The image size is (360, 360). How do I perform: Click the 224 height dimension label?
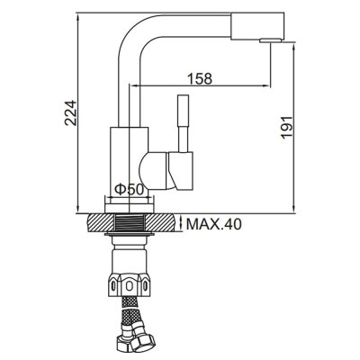click(71, 112)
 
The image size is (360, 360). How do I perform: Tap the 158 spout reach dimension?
click(200, 78)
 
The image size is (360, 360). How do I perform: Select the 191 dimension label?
click(286, 127)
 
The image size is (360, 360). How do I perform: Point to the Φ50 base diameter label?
click(130, 190)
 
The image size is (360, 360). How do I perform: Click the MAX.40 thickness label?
click(213, 224)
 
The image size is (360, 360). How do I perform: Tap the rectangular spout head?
click(257, 26)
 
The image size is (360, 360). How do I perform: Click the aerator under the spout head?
click(271, 40)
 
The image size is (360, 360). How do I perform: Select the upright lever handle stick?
click(184, 123)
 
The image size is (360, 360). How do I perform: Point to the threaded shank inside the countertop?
click(130, 222)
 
